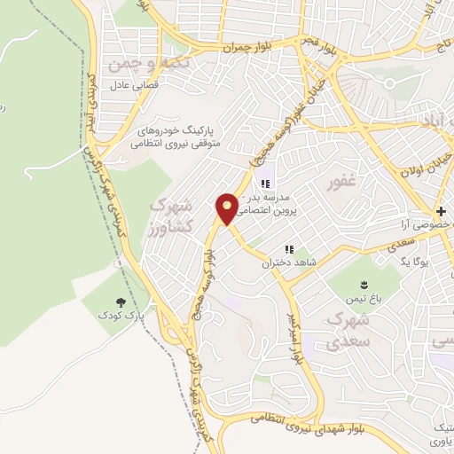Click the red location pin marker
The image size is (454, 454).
[228, 208]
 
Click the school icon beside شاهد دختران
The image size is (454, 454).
[287, 250]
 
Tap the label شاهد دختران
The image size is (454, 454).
[285, 262]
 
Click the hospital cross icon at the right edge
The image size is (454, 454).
[441, 211]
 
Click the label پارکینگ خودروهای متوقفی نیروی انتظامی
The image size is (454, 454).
[183, 135]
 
